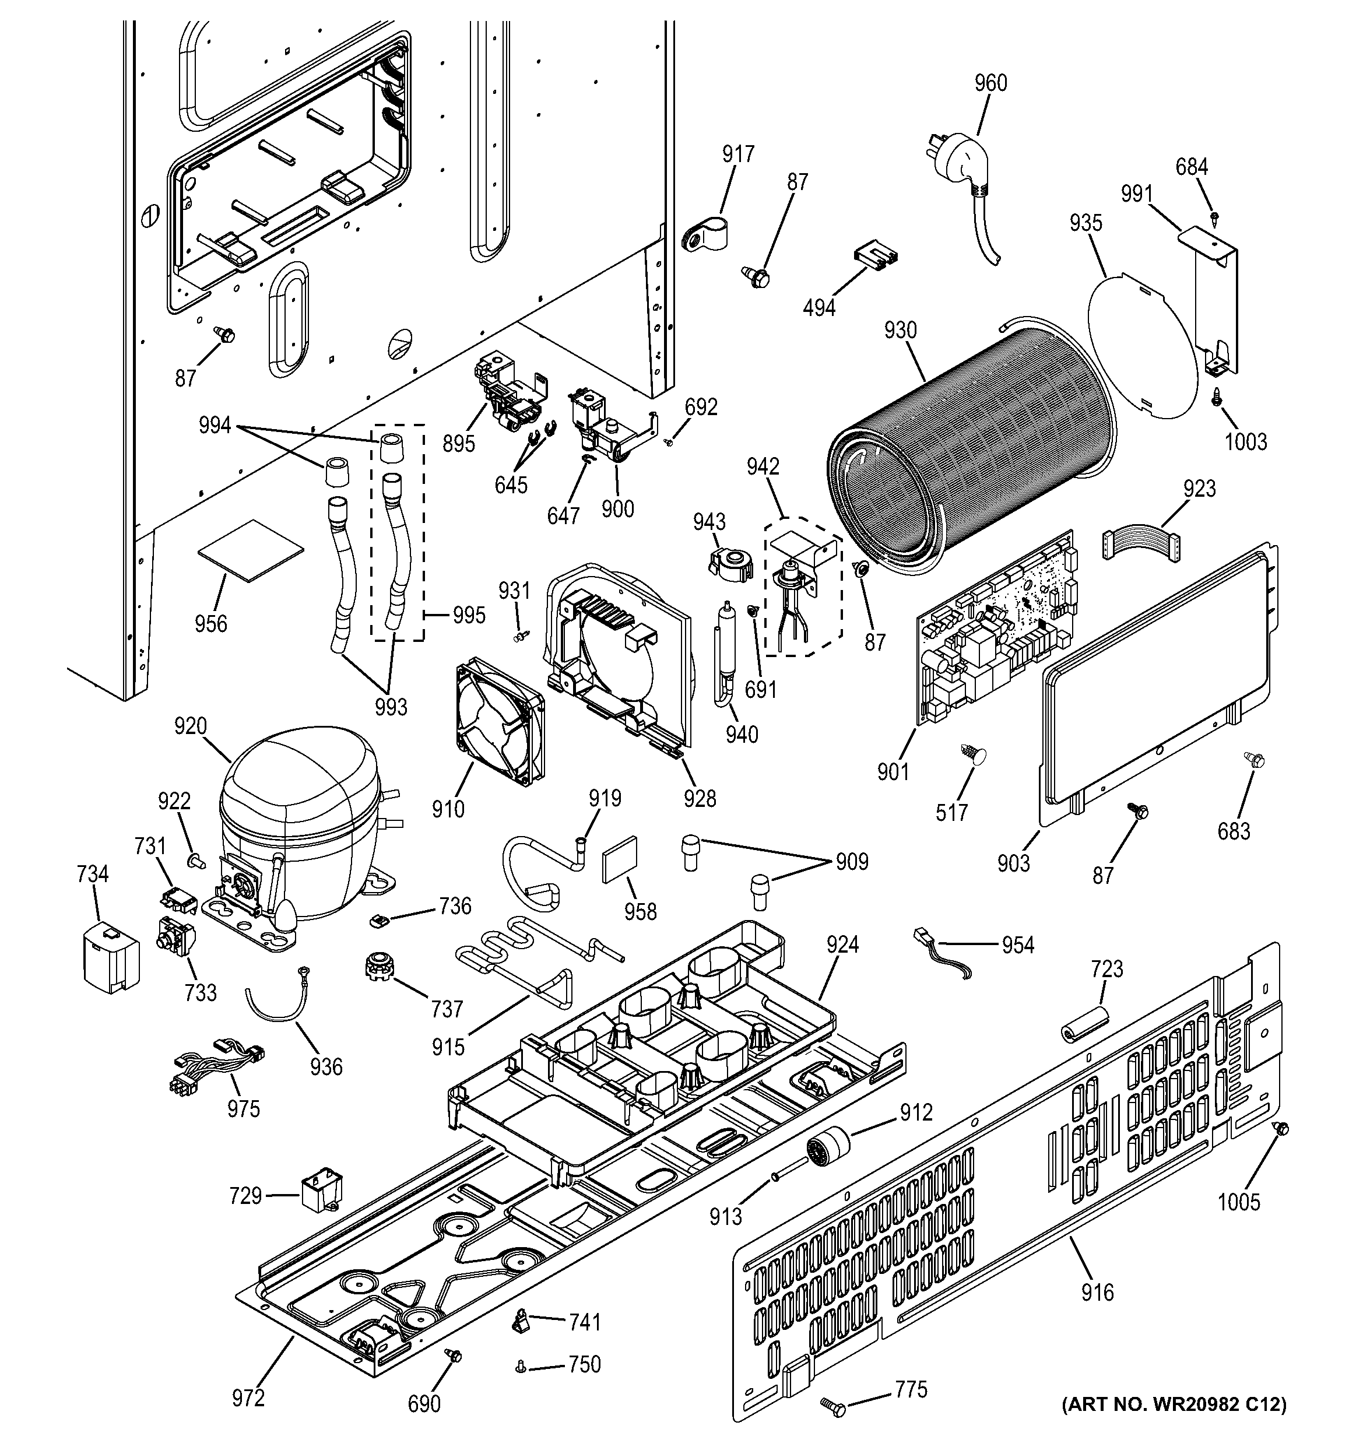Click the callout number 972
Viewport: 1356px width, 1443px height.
click(x=248, y=1398)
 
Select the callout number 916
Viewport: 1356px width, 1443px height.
click(x=1096, y=1292)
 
